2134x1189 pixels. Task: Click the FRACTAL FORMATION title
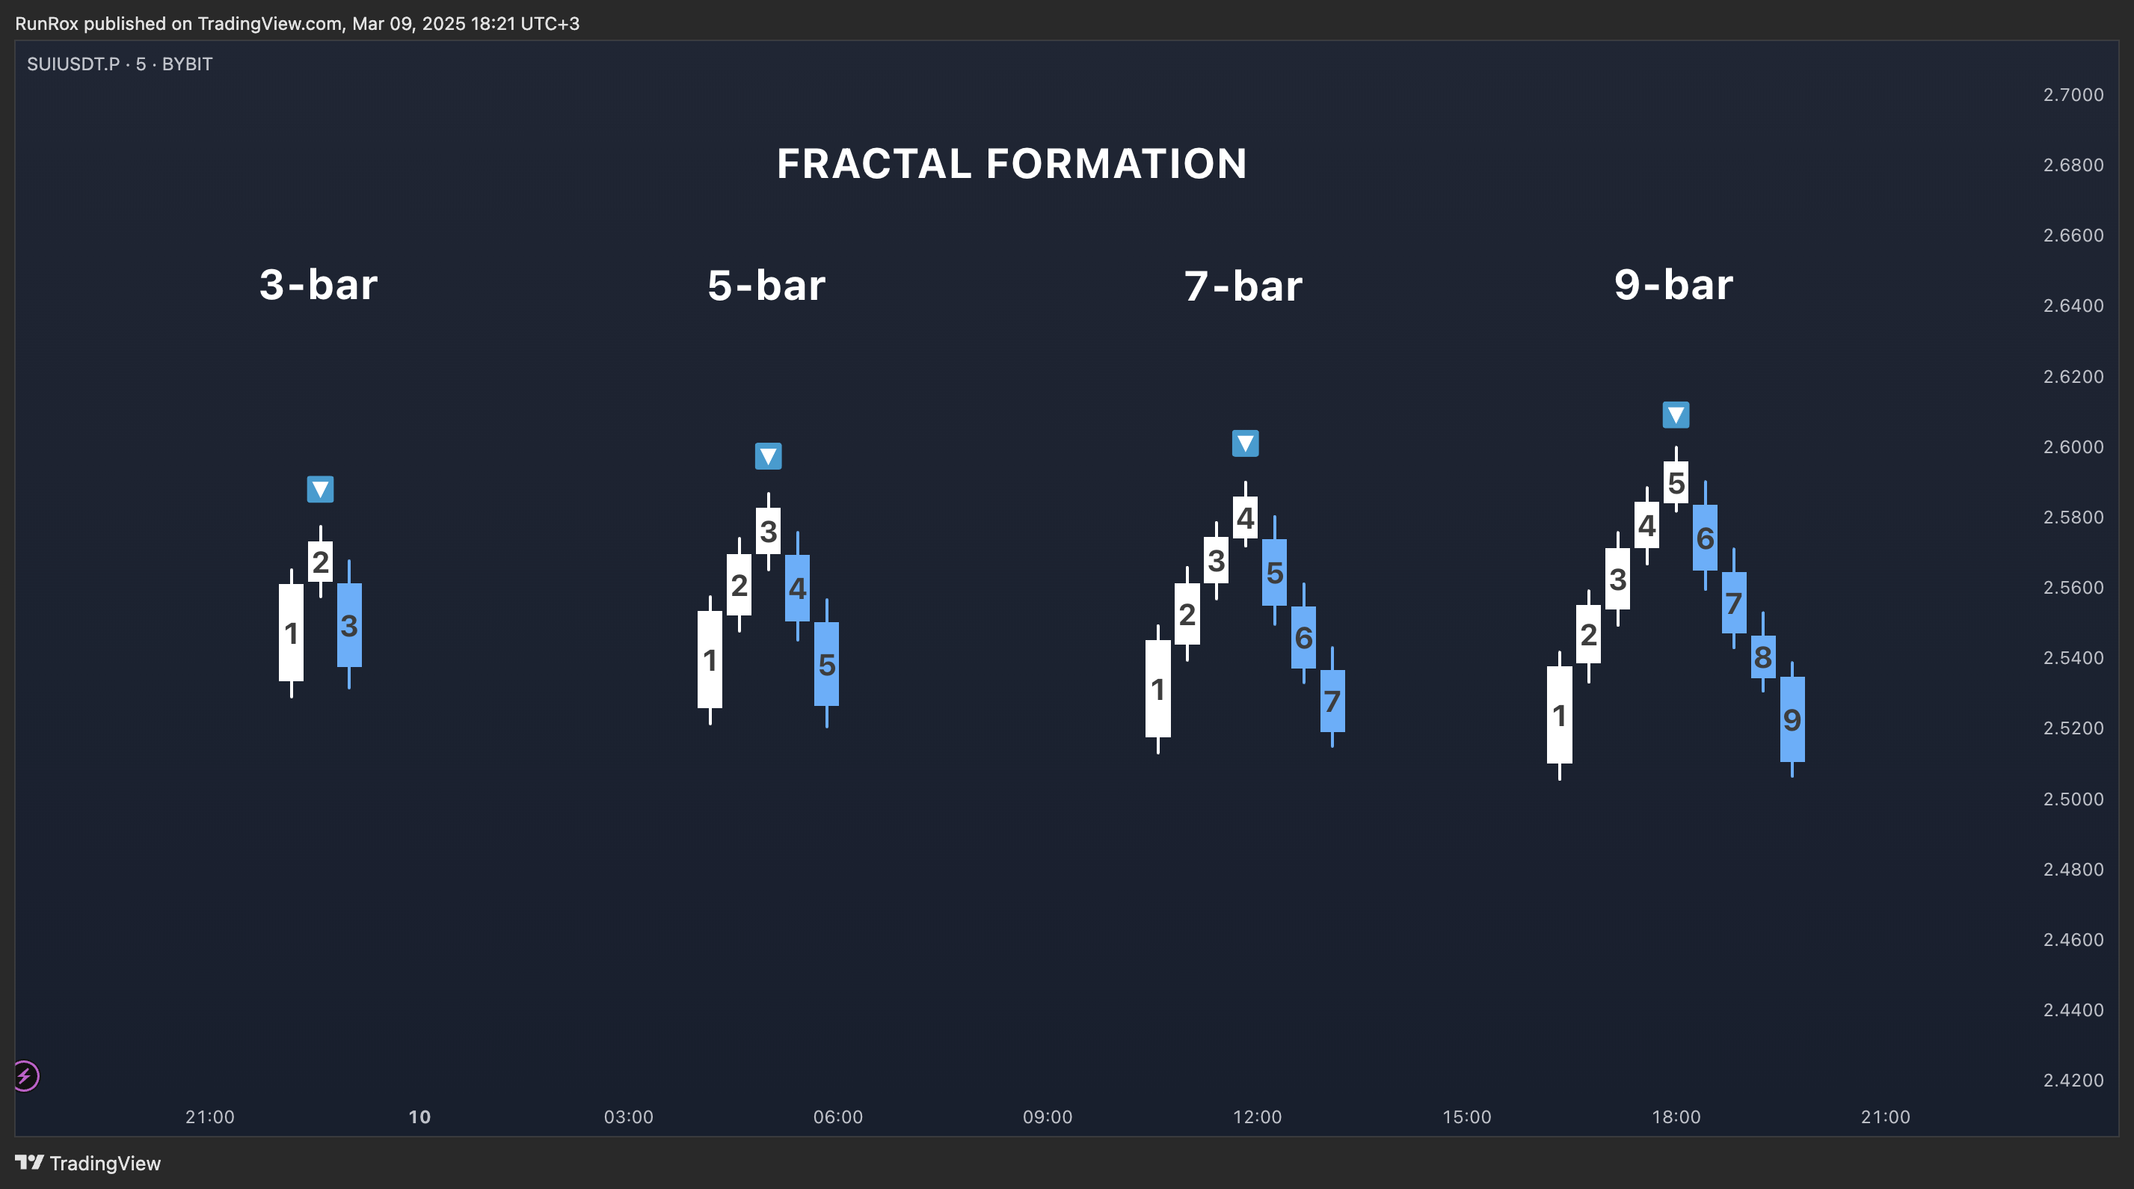(1012, 163)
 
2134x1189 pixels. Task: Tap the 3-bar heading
(319, 284)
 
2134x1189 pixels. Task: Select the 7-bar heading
(1243, 285)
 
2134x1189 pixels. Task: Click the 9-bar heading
(1673, 284)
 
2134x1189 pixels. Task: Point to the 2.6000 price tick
(2073, 446)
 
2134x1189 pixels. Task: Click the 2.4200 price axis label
(2073, 1080)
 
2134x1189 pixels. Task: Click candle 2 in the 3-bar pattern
(321, 561)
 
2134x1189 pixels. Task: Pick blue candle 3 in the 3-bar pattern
(350, 624)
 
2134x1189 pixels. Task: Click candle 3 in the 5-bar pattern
(768, 531)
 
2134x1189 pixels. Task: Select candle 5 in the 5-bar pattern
(827, 664)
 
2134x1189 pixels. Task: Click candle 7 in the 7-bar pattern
(1332, 701)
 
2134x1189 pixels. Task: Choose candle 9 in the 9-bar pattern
(1792, 719)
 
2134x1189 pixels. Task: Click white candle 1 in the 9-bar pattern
(1559, 714)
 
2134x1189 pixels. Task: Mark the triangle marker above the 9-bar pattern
(1676, 414)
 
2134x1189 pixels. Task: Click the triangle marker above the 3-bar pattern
(321, 489)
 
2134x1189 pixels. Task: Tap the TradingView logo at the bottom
(87, 1163)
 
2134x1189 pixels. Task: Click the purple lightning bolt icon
(25, 1076)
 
